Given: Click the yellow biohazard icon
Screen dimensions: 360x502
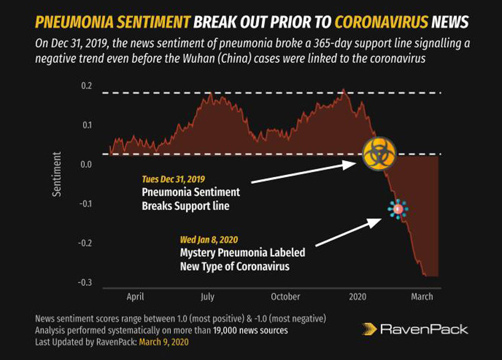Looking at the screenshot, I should click(379, 153).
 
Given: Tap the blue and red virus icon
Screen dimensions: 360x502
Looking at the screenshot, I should click(398, 209).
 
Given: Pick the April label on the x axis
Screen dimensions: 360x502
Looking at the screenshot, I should click(135, 296).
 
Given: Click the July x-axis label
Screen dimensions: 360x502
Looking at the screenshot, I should click(207, 296).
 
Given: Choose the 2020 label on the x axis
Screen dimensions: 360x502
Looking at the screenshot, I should click(357, 296).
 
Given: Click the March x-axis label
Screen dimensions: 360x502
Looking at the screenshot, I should click(422, 296).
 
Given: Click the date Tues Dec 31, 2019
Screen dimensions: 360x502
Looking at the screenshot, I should click(173, 179).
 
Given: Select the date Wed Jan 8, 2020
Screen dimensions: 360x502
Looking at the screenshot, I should click(209, 240).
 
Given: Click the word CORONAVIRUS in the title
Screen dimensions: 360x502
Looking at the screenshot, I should click(382, 22).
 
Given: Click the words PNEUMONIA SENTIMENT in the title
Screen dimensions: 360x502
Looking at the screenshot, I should click(112, 22).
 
